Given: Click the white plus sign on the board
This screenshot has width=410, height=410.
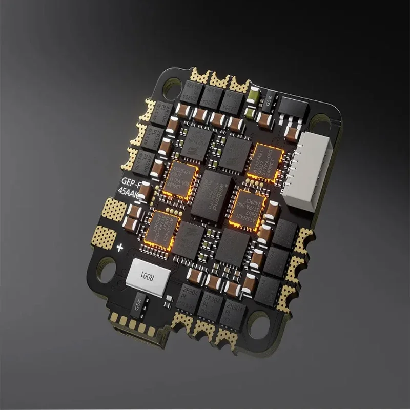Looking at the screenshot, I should coord(121,248).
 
